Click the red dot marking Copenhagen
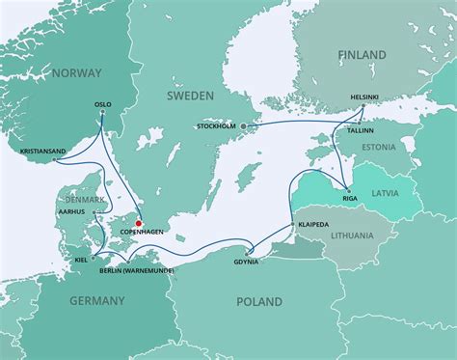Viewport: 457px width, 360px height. tap(140, 223)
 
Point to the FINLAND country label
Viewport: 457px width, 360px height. tap(362, 58)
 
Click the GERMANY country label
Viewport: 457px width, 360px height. tap(97, 302)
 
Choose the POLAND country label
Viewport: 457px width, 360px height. tap(260, 302)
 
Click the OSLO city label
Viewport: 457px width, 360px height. tap(103, 104)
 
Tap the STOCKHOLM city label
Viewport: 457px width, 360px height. tap(216, 126)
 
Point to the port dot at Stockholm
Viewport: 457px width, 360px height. tap(244, 126)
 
